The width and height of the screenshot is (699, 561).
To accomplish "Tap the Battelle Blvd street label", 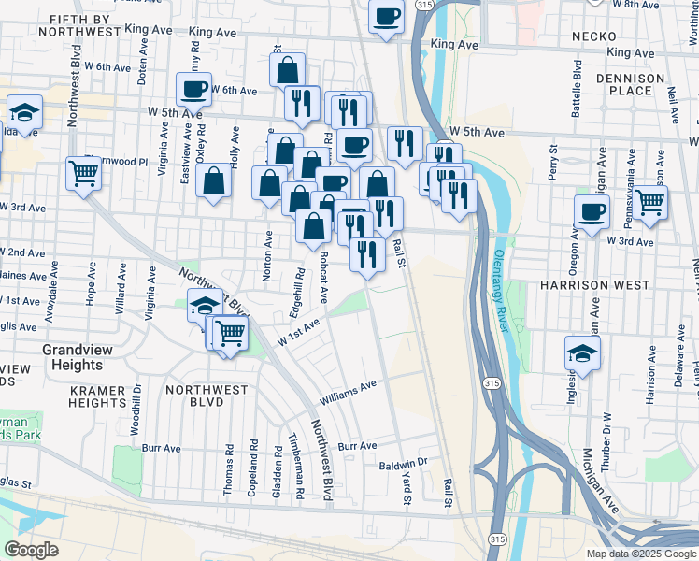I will pyautogui.click(x=578, y=89).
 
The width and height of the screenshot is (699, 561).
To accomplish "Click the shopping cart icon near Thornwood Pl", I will pyautogui.click(x=83, y=172).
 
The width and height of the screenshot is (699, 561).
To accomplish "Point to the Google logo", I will pyautogui.click(x=32, y=550).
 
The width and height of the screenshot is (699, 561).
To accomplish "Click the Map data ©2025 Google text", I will pyautogui.click(x=640, y=554).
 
